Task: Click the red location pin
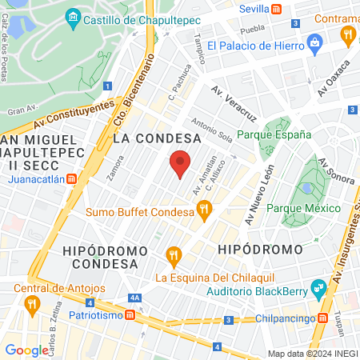[181, 163]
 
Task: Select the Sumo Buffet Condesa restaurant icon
[204, 212]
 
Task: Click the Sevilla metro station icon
[276, 8]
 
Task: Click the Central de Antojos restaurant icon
[32, 303]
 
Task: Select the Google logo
[26, 350]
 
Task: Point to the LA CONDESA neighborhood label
[156, 138]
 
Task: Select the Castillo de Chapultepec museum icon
[74, 17]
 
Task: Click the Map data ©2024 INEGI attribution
[311, 353]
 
